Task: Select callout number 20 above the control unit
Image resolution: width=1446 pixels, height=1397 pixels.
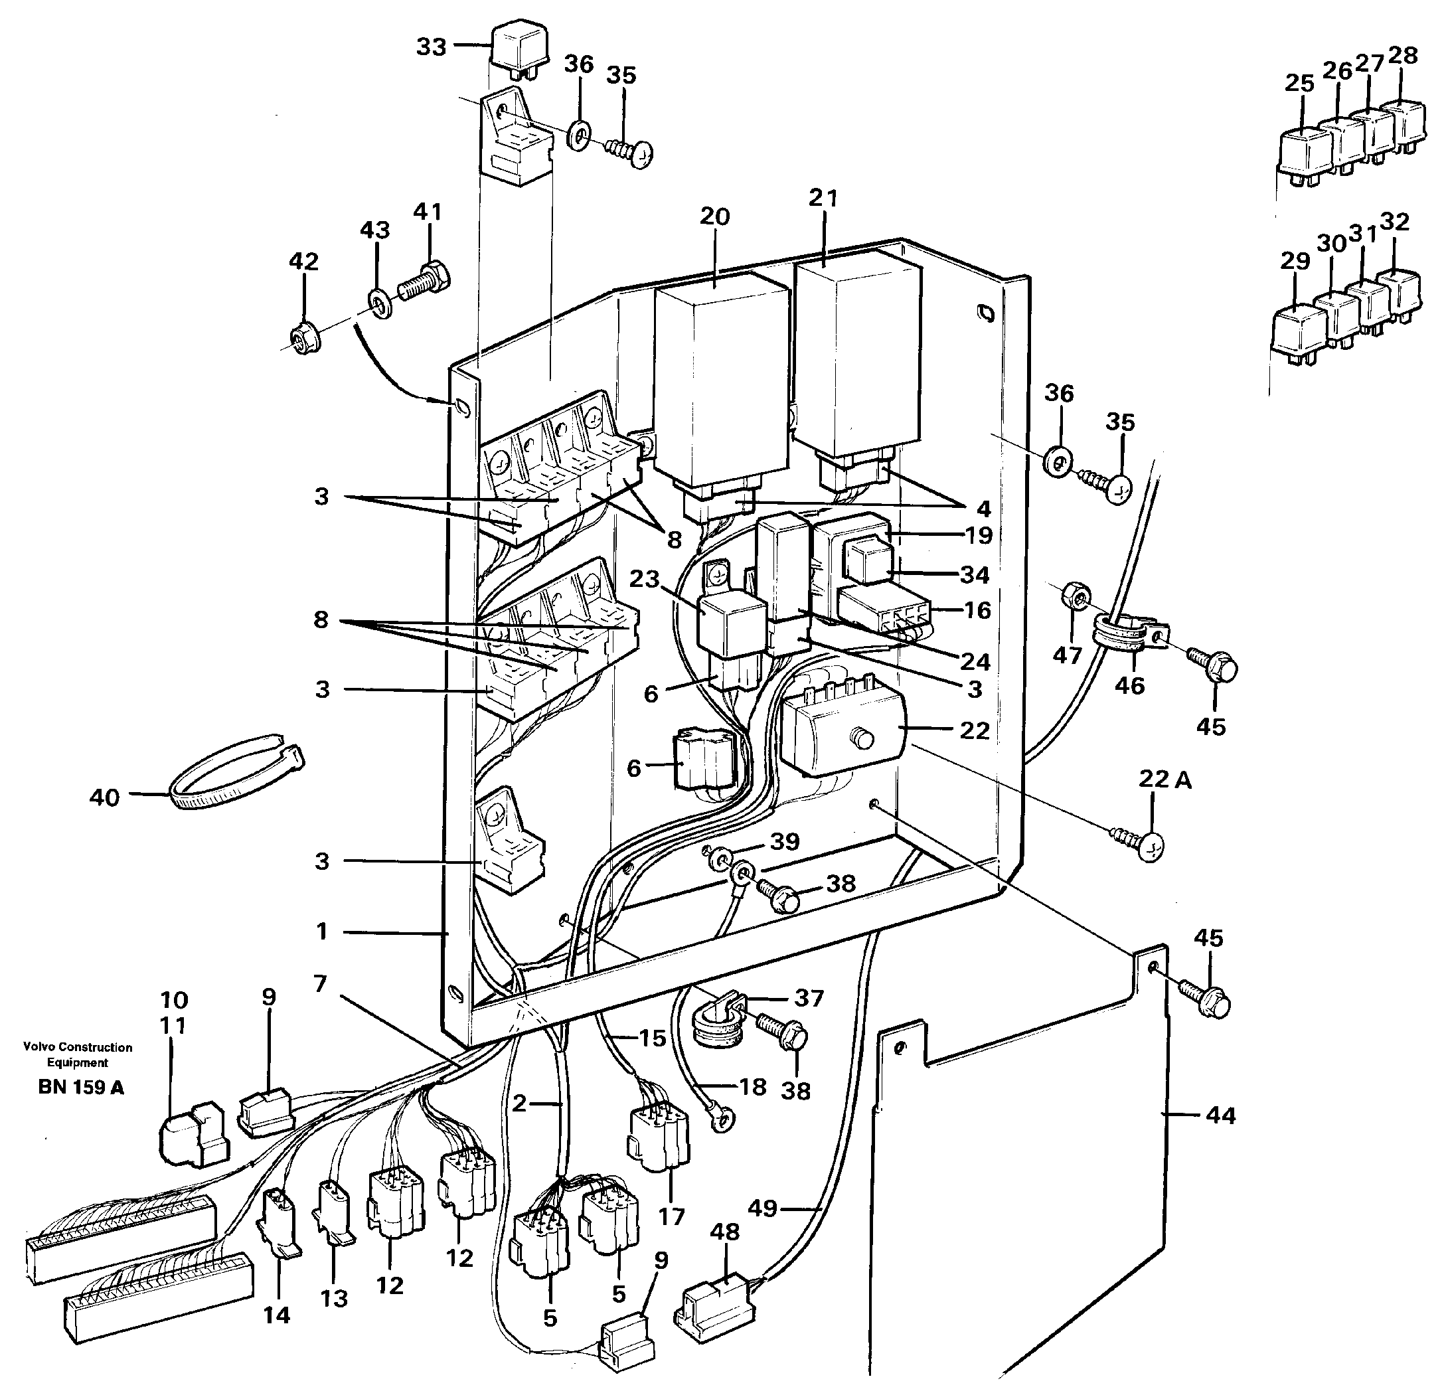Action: [714, 217]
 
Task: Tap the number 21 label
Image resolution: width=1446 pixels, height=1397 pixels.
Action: [823, 199]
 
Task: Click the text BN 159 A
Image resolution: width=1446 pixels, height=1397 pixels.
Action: [81, 1088]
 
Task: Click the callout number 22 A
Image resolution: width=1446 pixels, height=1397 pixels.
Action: [1165, 780]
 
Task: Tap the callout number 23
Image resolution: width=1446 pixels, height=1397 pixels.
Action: [643, 579]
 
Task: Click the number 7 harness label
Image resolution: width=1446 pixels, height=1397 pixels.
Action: [319, 984]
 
